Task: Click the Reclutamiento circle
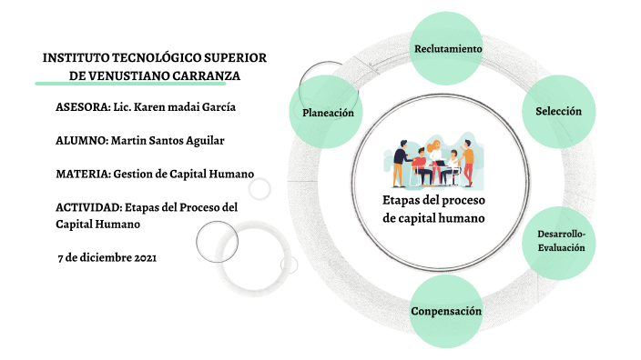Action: (447, 47)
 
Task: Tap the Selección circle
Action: (558, 111)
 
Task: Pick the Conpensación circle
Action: (446, 312)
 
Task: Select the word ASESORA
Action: (81, 106)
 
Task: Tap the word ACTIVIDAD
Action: (86, 207)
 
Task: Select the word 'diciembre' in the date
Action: (104, 257)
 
